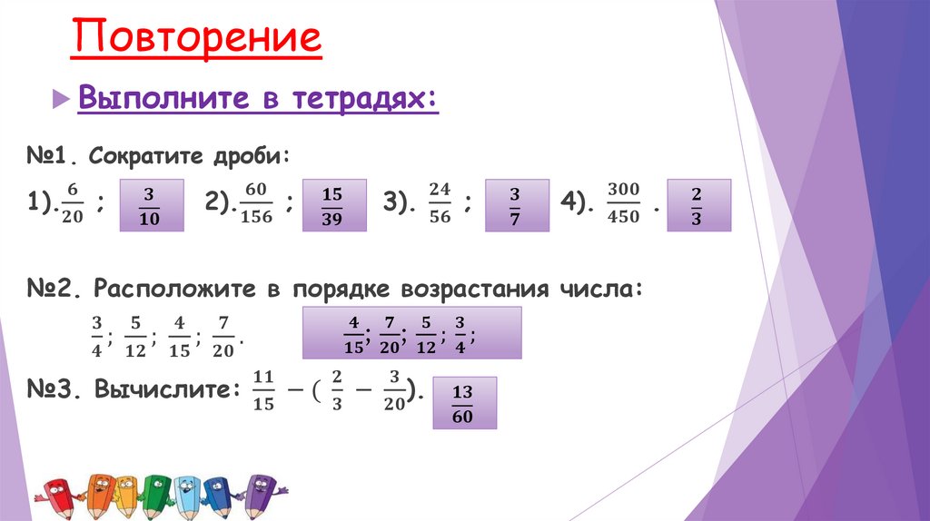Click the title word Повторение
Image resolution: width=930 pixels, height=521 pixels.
[197, 39]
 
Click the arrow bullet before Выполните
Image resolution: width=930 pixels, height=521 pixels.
[61, 98]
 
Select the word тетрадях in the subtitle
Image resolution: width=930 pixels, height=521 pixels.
[364, 98]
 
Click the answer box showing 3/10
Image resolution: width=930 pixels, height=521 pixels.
[151, 204]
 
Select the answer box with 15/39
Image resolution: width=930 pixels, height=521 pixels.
[332, 204]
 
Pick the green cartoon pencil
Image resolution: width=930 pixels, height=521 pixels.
[157, 492]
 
